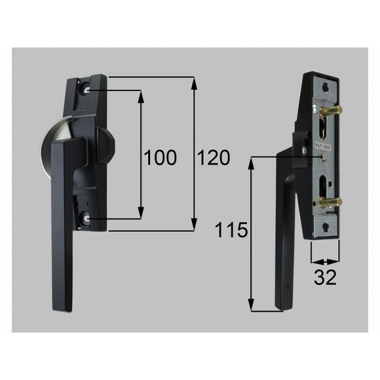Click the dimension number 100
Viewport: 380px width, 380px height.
[160, 158]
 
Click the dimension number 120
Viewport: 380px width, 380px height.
[213, 158]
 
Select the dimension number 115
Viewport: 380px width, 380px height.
[232, 231]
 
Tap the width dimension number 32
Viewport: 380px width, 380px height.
[325, 277]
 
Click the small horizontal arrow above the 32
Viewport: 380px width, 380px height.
[324, 261]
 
